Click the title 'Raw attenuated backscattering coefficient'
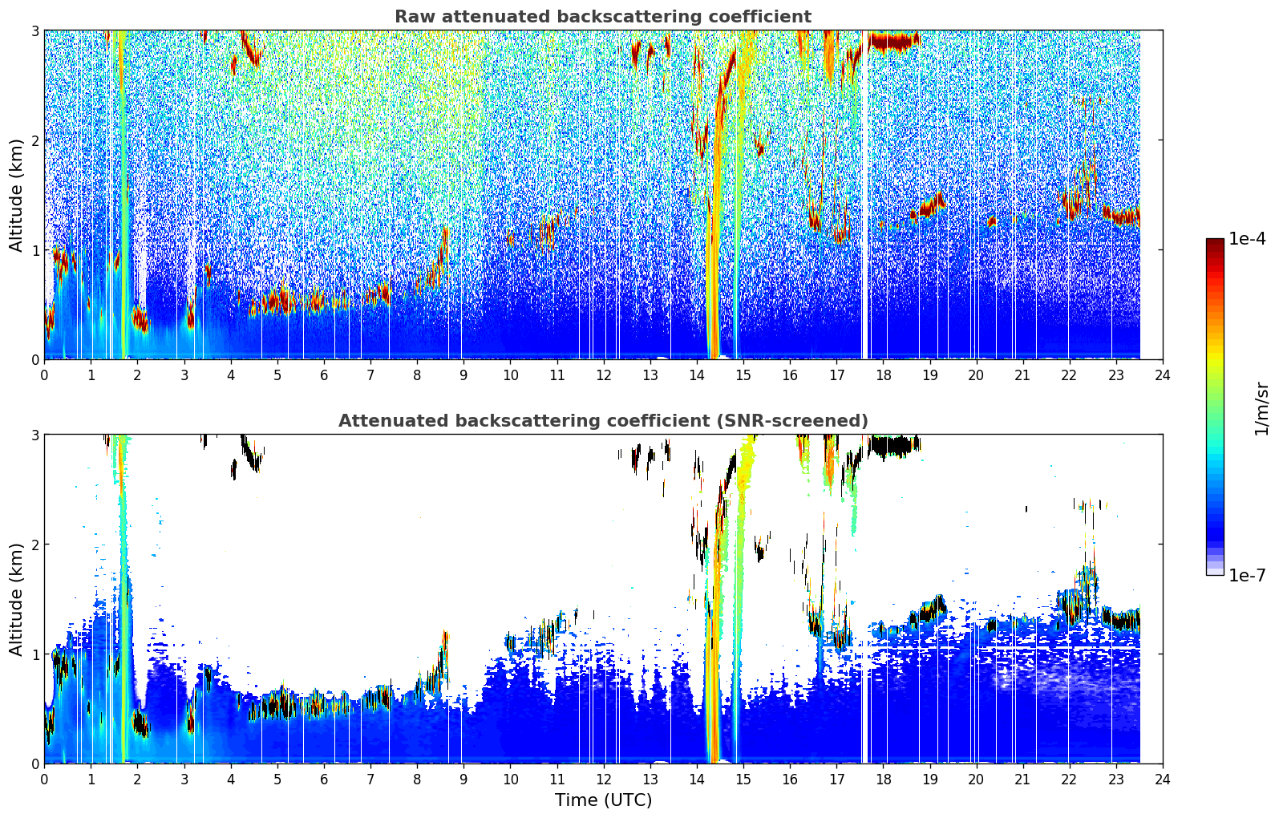[603, 17]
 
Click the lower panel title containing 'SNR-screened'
[603, 420]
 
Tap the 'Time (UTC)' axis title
[603, 800]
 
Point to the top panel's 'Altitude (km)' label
[16, 195]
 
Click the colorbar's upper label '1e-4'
[1247, 239]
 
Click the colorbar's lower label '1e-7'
[1247, 575]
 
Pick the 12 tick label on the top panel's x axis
[604, 375]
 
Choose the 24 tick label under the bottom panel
[1163, 780]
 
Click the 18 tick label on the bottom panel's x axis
[884, 780]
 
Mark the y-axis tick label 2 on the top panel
[34, 140]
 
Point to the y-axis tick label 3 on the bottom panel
[34, 435]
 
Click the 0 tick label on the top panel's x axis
[45, 375]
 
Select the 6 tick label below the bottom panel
[324, 780]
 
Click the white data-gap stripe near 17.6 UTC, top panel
[865, 195]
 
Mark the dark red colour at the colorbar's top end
[1215, 241]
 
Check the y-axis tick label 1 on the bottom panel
[34, 654]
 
